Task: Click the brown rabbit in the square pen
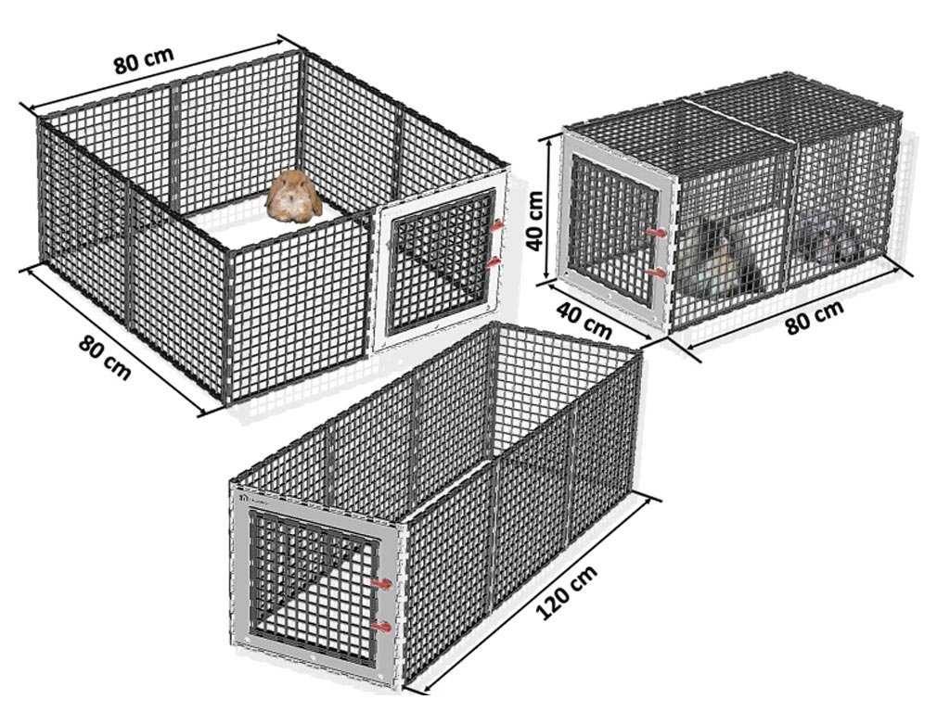click(x=294, y=197)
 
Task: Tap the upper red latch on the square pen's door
click(x=497, y=226)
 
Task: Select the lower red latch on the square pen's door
click(x=495, y=262)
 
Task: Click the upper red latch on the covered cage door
click(x=655, y=232)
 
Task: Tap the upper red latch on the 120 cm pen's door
click(x=381, y=584)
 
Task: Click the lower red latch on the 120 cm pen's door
click(x=381, y=628)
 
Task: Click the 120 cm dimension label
click(x=567, y=592)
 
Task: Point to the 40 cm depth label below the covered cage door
click(x=584, y=320)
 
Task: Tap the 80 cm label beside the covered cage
click(x=815, y=317)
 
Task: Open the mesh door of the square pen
click(x=443, y=261)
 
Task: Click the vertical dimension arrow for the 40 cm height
click(x=549, y=210)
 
